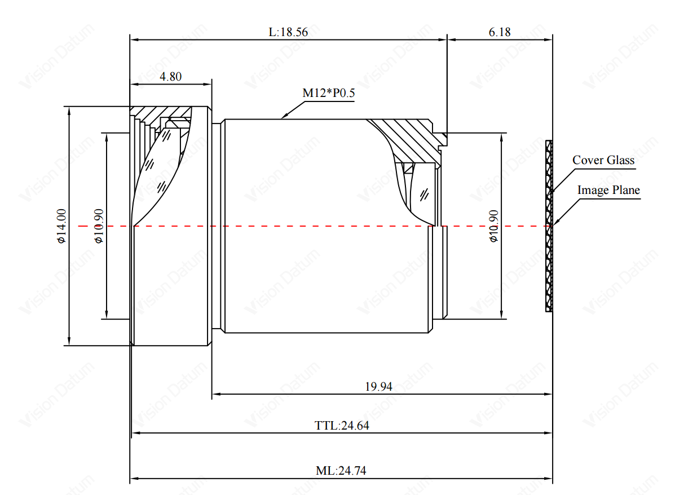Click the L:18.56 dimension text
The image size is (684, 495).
pos(288,32)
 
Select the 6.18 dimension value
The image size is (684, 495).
pos(500,32)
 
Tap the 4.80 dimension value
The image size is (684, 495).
pos(170,77)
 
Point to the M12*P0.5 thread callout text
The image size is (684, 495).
pos(329,93)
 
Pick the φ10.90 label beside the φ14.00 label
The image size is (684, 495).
pos(99,226)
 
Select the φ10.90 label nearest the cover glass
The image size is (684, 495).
pos(493,226)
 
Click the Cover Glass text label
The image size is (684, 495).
pos(603,160)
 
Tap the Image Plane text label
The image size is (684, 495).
pos(608,190)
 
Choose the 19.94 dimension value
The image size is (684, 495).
pos(378,387)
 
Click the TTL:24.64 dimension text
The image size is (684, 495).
pos(342,426)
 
